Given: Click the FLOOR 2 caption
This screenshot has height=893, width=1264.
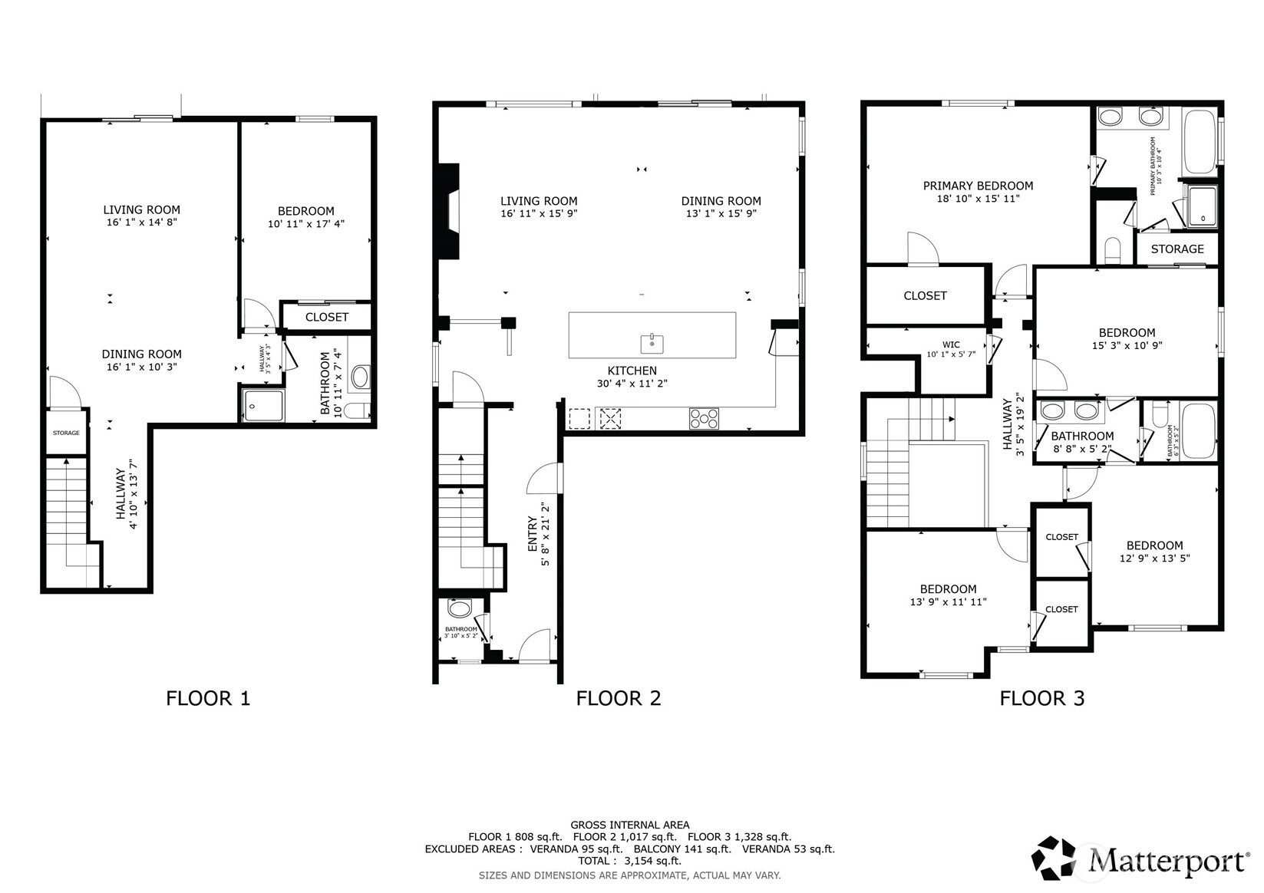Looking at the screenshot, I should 618,698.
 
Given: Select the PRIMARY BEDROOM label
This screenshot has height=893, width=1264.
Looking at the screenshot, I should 978,186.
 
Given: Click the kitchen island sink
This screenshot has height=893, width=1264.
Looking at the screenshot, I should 652,343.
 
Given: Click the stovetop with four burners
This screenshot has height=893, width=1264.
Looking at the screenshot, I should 704,418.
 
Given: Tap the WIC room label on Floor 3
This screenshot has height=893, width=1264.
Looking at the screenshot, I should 951,344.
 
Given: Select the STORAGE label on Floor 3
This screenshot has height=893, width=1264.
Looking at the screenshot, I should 1177,249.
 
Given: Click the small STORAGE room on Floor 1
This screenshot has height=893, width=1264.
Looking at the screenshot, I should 66,433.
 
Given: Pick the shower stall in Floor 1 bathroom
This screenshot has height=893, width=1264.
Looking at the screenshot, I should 263,405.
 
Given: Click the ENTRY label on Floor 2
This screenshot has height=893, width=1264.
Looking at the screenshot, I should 533,534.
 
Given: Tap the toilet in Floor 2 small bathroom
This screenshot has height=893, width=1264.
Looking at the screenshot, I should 459,609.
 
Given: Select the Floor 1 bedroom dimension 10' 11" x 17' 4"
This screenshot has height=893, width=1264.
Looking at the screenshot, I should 305,224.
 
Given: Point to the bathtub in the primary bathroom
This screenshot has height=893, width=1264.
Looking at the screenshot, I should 1200,143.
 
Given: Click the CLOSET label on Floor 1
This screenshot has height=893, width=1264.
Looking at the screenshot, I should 327,317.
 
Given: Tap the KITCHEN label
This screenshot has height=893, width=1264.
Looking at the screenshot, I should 632,371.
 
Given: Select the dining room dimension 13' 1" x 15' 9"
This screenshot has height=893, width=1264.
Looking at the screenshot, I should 721,213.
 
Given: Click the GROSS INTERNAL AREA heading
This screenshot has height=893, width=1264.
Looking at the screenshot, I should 629,825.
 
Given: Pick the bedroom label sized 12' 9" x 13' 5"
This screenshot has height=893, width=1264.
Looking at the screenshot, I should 1154,545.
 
